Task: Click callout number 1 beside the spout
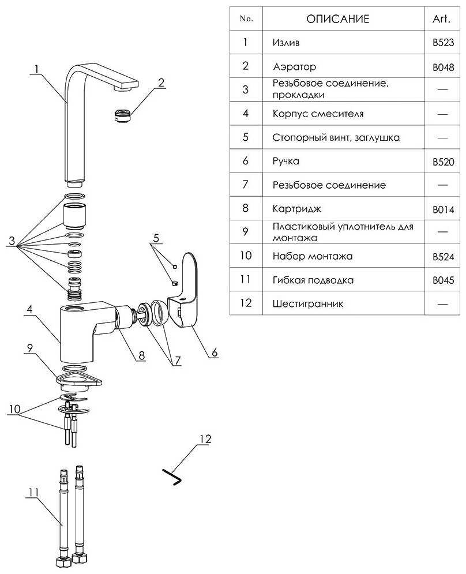coord(36,69)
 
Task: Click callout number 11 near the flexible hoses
coord(33,492)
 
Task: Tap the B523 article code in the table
coord(443,43)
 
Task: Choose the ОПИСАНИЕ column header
coord(337,19)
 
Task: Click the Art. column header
coord(442,19)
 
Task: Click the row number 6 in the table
coord(246,161)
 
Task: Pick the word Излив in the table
coord(286,43)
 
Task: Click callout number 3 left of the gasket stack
coord(11,242)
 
